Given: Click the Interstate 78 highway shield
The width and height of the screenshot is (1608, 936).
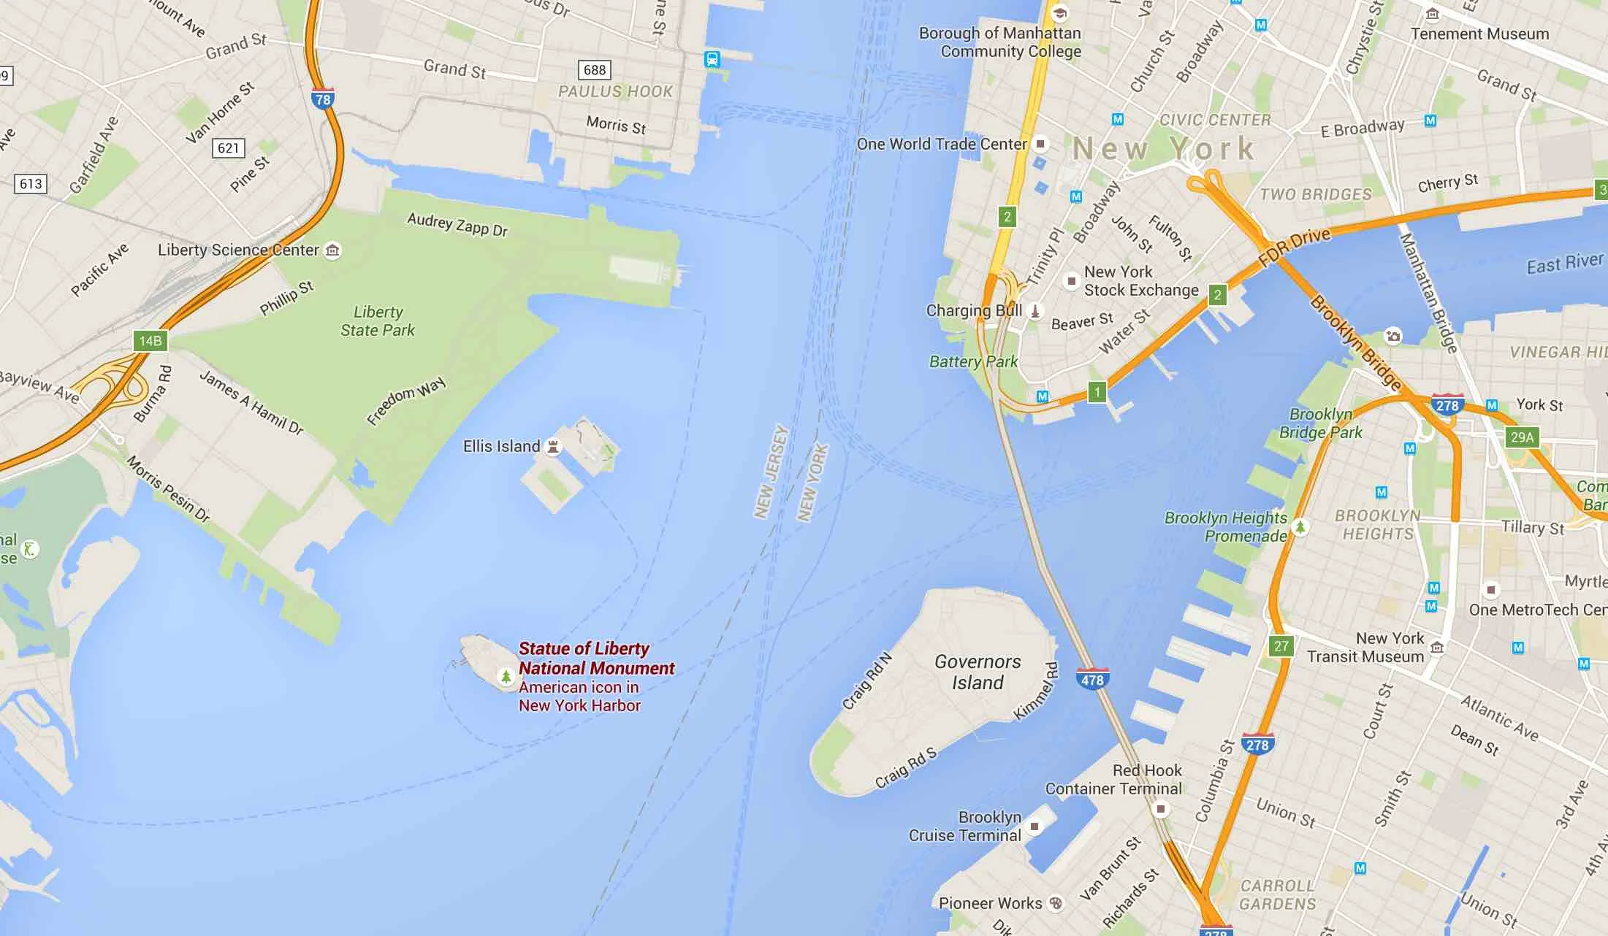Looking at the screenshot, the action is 322,99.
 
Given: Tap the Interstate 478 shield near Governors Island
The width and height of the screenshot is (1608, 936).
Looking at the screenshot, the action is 1092,678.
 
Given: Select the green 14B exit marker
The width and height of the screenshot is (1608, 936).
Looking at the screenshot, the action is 150,341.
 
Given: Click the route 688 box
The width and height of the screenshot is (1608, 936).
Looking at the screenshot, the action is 595,70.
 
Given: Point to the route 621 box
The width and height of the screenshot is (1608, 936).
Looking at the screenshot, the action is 229,148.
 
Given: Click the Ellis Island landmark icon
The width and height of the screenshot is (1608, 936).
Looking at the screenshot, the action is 554,446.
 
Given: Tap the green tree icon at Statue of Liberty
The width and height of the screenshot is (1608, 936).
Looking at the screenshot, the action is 506,676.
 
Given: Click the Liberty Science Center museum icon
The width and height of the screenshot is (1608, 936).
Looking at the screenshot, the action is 332,250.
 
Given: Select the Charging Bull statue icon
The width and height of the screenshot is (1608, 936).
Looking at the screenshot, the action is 1034,311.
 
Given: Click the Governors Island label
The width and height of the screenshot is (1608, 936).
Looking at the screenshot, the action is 978,672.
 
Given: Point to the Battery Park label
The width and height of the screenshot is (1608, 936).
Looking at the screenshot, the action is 973,361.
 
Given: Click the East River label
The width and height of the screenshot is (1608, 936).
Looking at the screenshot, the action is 1565,263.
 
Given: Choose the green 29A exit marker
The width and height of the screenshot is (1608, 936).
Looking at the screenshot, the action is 1522,437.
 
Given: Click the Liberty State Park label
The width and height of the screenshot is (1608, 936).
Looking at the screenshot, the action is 378,321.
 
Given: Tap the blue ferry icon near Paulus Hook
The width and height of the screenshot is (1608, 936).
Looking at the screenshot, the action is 712,60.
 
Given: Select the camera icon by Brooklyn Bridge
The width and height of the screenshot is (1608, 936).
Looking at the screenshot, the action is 1393,336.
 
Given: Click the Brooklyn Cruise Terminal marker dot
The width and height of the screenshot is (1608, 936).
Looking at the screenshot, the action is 1034,826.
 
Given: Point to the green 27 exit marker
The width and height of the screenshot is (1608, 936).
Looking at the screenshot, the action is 1281,645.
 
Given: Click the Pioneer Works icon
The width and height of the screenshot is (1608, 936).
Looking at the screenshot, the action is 1056,903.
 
